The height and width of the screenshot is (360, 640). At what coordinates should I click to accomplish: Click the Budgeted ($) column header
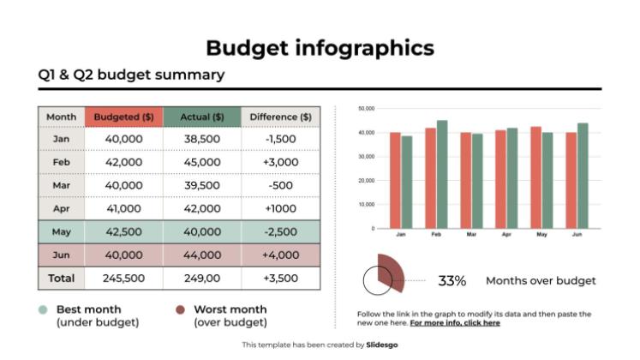click(123, 117)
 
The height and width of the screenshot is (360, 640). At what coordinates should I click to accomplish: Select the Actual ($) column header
click(202, 117)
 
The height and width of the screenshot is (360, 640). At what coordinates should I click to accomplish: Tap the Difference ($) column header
click(280, 117)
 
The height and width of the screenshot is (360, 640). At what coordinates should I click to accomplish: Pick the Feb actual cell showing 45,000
click(202, 162)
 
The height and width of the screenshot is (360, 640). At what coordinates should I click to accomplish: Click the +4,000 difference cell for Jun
click(280, 255)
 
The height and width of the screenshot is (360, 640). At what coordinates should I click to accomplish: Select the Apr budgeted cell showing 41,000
click(123, 208)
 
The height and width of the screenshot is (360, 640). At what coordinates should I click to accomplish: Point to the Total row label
click(61, 278)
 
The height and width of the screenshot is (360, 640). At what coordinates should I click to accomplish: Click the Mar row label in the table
click(61, 185)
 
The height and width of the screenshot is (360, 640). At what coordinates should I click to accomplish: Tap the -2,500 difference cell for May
click(280, 231)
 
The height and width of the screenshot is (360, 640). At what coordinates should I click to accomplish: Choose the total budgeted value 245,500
click(123, 278)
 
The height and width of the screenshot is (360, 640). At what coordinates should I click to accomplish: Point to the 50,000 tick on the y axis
click(367, 109)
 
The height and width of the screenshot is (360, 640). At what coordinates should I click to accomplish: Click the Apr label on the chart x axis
click(506, 234)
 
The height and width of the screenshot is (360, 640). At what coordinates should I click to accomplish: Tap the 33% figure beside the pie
click(452, 280)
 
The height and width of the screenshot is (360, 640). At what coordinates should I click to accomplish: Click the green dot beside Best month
click(43, 310)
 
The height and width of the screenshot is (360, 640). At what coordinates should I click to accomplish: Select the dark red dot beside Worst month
click(180, 310)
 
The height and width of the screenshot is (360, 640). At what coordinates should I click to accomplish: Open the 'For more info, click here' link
click(455, 323)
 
